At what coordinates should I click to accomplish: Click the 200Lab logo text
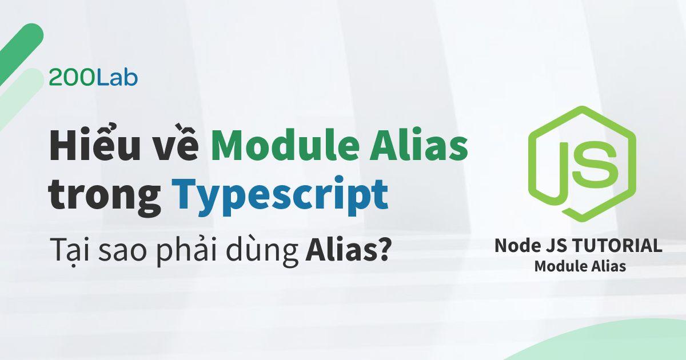[93, 78]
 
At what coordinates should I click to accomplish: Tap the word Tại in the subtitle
[65, 250]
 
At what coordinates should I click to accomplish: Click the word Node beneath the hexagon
[516, 246]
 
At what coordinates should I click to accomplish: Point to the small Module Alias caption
[579, 266]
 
